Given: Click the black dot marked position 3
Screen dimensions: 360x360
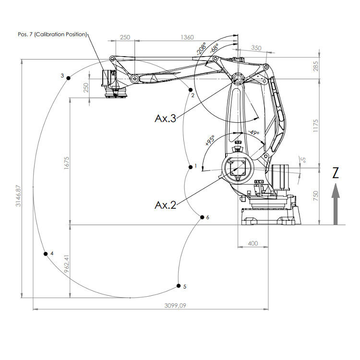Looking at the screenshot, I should click(x=69, y=78).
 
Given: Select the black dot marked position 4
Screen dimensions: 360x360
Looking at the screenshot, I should click(x=46, y=254).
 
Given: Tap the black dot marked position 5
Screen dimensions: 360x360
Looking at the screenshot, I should click(x=179, y=286).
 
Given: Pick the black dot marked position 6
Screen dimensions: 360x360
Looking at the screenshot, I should click(x=202, y=217).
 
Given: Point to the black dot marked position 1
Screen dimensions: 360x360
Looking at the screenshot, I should click(x=190, y=167).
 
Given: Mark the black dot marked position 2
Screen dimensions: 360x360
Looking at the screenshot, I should click(x=191, y=90).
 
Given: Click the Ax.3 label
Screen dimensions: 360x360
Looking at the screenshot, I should click(x=166, y=118).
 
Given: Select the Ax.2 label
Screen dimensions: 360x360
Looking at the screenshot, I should click(x=166, y=205).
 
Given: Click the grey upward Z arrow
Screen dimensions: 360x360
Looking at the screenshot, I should click(x=336, y=204).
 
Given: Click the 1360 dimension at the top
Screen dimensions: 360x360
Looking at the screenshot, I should click(x=188, y=37).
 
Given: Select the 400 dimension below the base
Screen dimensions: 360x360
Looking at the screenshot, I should click(x=252, y=243).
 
